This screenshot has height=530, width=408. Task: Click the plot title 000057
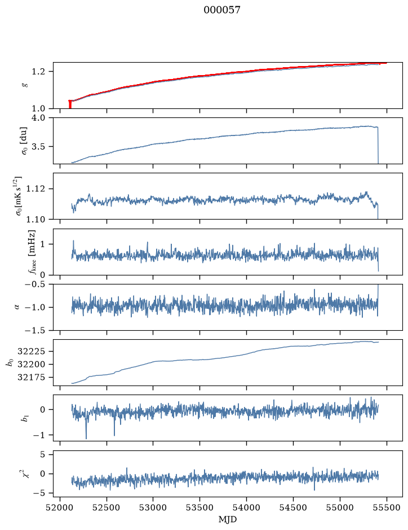click(x=222, y=10)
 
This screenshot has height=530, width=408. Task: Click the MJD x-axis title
click(x=228, y=519)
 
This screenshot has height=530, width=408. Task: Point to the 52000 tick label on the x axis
click(x=60, y=507)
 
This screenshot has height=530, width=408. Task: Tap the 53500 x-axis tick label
click(x=200, y=507)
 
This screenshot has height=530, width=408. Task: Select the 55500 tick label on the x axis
click(x=387, y=507)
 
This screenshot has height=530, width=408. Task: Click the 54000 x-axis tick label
click(x=246, y=507)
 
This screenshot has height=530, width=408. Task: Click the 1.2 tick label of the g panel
click(x=38, y=72)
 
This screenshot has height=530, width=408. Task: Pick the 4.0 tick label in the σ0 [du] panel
click(x=38, y=118)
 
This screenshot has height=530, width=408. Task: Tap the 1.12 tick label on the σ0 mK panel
click(x=36, y=189)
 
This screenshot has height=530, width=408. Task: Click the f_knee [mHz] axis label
click(x=32, y=252)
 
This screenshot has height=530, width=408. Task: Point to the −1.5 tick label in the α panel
click(x=34, y=330)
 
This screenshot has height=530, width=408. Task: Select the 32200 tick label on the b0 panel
click(x=31, y=365)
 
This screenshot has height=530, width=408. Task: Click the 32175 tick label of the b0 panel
click(x=31, y=377)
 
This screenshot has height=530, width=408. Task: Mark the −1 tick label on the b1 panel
click(x=39, y=435)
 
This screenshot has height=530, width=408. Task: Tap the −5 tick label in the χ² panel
click(x=39, y=493)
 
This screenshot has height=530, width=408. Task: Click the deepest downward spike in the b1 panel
click(x=86, y=438)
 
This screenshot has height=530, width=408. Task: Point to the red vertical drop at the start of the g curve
click(x=70, y=104)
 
